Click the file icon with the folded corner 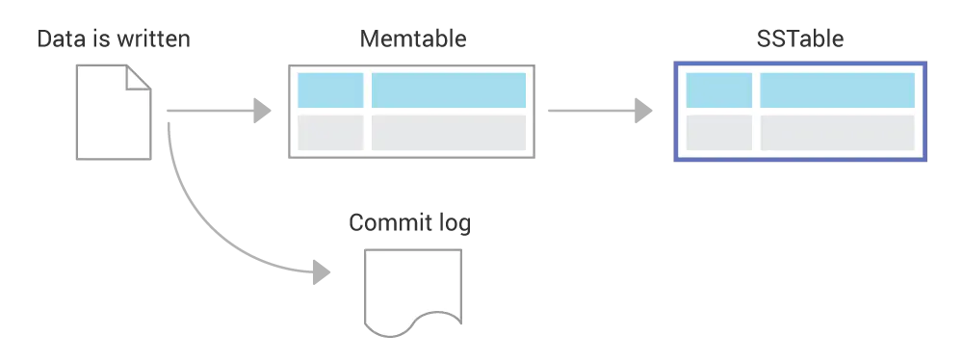tap(111, 116)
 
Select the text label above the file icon tap(115, 40)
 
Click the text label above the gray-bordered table tap(411, 40)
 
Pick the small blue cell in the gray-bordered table tap(329, 90)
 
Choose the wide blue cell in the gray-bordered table tap(448, 90)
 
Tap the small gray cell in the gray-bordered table tap(329, 132)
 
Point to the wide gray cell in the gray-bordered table tap(448, 132)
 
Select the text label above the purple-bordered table tap(800, 40)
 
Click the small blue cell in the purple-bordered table tap(718, 90)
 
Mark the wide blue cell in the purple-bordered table tap(837, 90)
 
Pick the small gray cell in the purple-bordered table tap(718, 132)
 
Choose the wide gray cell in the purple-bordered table tap(837, 132)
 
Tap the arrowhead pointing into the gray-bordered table tap(256, 110)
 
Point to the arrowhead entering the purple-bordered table tap(643, 110)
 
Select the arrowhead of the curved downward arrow tap(319, 271)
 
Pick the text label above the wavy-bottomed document tap(407, 223)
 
